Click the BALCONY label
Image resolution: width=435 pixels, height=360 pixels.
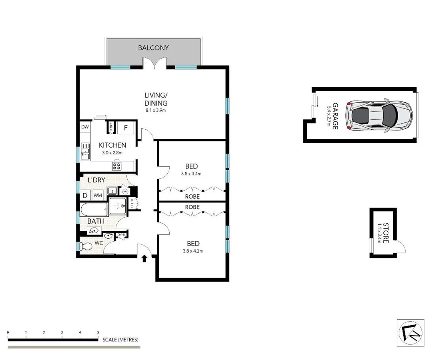tap(153, 48)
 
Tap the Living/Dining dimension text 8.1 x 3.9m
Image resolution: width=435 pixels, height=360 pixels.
tap(156, 110)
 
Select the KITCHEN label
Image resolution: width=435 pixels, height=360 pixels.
tap(112, 145)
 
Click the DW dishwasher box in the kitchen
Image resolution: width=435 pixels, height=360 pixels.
tap(85, 127)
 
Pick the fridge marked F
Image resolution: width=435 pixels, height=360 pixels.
tap(126, 128)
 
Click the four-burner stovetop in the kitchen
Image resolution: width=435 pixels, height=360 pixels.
tap(116, 166)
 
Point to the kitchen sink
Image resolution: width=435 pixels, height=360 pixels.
tap(85, 151)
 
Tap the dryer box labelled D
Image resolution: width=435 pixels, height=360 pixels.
tap(85, 196)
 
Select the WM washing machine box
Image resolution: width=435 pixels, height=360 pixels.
tap(98, 196)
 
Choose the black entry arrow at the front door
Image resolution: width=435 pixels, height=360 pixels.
tap(144, 258)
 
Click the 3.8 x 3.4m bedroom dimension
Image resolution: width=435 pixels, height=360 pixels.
tap(191, 174)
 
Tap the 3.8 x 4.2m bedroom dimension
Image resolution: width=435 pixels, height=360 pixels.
tap(191, 251)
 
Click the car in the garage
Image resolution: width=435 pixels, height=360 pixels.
tap(379, 115)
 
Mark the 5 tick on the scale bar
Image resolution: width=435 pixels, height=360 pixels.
tap(98, 332)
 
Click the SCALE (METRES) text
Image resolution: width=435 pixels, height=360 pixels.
tap(120, 340)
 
